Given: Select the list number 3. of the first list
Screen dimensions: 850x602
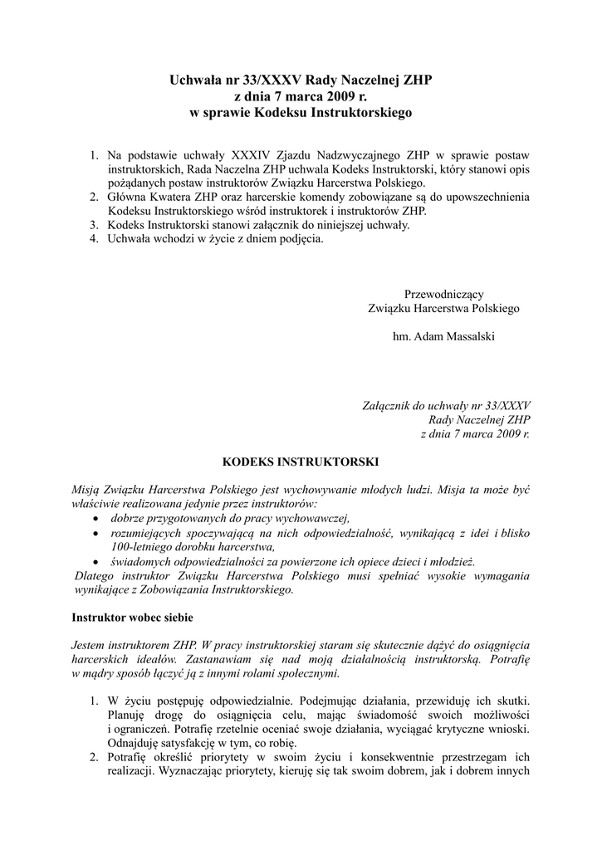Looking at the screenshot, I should coord(95,225).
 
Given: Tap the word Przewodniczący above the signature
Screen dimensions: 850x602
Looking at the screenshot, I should coord(443,294).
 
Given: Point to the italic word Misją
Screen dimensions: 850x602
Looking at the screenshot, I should coord(87,490).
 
